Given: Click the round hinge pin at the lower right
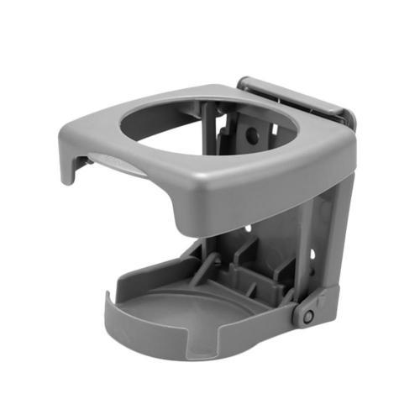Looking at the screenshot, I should click(x=308, y=316).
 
